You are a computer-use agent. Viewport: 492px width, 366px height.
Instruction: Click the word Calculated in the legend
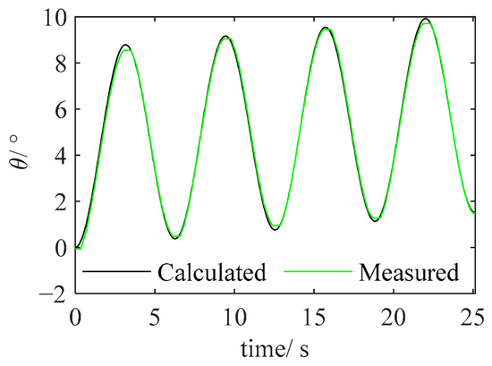pos(212,272)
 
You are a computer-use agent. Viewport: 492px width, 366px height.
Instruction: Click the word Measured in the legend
pos(409,272)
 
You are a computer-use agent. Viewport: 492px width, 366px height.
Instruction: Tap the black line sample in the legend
pos(116,271)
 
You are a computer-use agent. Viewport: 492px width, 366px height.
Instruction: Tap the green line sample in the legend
pos(318,271)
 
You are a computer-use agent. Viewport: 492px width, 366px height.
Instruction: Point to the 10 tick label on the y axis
pos(55,18)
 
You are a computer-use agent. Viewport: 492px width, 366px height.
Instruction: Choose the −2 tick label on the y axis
pos(54,294)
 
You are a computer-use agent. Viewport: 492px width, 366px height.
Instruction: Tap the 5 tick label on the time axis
pos(155,318)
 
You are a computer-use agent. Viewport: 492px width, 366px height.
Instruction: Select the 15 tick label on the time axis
pos(314,318)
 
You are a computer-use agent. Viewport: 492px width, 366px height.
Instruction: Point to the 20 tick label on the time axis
pos(394,318)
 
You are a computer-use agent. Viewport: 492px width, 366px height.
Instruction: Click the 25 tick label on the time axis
pos(473,318)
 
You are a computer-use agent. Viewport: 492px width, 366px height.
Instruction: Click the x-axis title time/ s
pos(275,348)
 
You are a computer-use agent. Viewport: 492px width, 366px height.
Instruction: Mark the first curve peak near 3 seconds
pos(125,45)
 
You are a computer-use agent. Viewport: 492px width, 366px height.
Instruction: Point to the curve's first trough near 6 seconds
pos(175,239)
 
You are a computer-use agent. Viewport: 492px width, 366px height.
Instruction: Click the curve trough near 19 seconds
pos(376,221)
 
